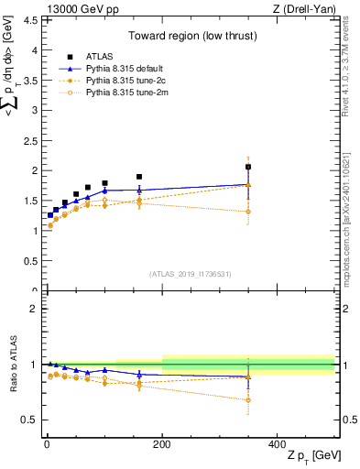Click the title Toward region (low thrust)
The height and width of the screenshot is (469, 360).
pos(191,38)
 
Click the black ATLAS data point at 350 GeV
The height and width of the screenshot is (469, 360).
pos(248,167)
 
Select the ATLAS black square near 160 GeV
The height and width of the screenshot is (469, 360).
pos(139,177)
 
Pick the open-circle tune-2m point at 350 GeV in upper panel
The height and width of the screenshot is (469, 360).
pos(248,212)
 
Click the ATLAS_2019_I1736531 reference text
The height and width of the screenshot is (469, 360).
pos(191,273)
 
